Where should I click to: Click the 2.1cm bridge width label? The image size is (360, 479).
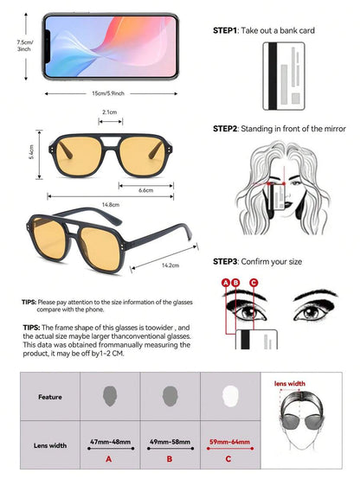click(110, 112)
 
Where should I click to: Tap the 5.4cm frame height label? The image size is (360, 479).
click(31, 152)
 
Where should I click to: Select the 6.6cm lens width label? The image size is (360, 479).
click(146, 190)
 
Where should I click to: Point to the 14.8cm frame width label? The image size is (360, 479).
click(111, 205)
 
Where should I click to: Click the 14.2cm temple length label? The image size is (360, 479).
click(170, 265)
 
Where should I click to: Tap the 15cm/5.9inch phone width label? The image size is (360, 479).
click(108, 93)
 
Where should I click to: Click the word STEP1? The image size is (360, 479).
click(225, 30)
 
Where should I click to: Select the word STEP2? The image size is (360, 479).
click(225, 129)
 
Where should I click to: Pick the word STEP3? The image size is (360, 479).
click(225, 262)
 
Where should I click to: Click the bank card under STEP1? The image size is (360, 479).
click(284, 76)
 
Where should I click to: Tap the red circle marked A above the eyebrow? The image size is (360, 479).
click(226, 283)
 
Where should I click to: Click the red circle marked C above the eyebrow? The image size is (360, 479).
click(254, 283)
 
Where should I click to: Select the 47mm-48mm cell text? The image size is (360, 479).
click(111, 442)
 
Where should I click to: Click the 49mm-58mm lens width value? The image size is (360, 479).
click(170, 442)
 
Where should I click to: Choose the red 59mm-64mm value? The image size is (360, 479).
click(229, 442)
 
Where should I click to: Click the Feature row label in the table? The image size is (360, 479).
click(50, 397)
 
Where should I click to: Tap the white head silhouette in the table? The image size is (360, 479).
click(230, 396)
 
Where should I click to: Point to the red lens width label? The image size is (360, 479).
click(290, 384)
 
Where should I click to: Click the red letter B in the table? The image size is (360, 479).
click(170, 459)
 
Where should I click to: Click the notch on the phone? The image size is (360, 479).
click(48, 47)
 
